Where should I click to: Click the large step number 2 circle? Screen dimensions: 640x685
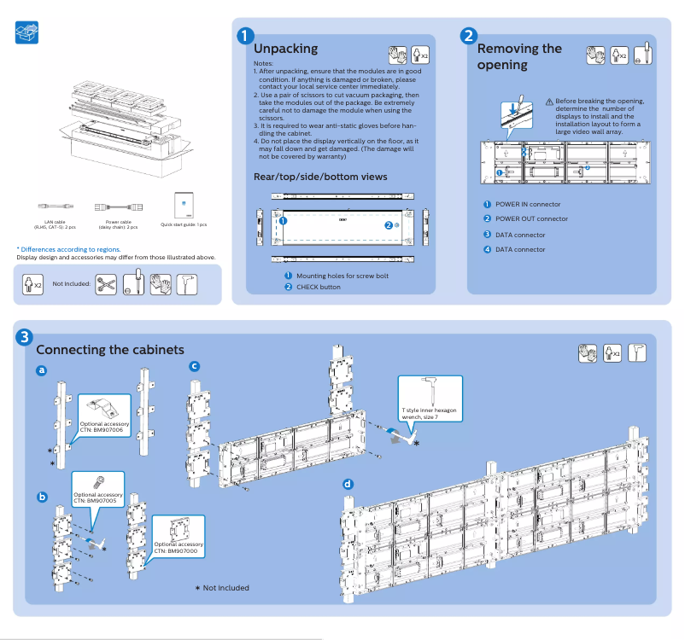point(468,36)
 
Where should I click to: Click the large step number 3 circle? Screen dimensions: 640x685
point(26,337)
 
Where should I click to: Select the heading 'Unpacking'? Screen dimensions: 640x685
point(285,49)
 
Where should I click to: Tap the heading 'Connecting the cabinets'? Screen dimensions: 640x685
point(109,350)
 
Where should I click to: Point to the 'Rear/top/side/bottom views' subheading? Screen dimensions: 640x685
point(320,177)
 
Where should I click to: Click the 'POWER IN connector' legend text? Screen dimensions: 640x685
point(528,204)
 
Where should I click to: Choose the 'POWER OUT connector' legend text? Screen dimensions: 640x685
point(531,219)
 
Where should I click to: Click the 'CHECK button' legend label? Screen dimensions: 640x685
point(318,287)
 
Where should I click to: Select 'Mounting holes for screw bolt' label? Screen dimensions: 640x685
point(342,276)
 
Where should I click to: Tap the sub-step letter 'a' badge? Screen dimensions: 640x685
point(41,370)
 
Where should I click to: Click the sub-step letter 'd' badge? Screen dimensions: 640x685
point(348,484)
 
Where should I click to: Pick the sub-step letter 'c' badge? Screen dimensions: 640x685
point(194,366)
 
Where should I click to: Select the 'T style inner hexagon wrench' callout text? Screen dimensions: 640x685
point(430,413)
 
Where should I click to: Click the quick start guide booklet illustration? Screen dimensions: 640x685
point(184,204)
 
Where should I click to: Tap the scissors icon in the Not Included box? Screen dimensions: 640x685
point(106,284)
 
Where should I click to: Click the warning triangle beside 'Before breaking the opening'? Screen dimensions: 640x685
point(549,102)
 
